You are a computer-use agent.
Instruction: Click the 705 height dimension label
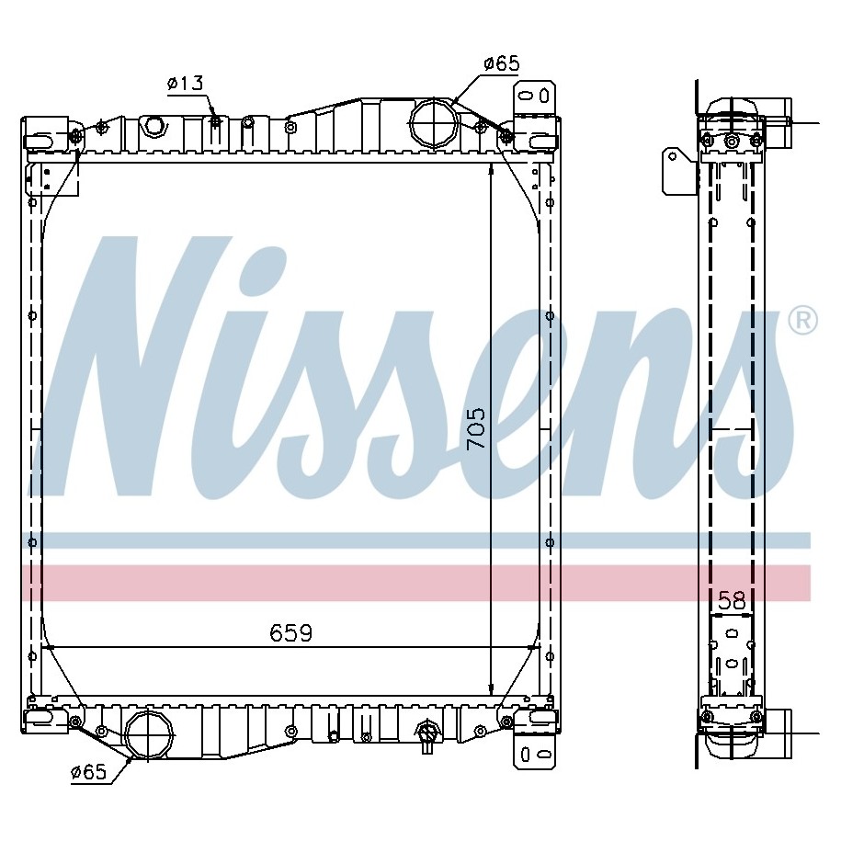click(x=475, y=428)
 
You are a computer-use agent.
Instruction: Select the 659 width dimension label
click(x=290, y=633)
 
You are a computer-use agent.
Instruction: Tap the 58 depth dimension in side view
click(x=732, y=600)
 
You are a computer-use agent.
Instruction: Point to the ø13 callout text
click(x=186, y=83)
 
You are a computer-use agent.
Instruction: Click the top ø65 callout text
click(x=502, y=63)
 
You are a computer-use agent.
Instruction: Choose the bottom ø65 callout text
click(x=89, y=772)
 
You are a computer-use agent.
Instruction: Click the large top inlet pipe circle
click(x=435, y=123)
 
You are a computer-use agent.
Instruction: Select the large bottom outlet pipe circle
click(x=149, y=733)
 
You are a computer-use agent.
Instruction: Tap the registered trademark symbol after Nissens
click(x=803, y=321)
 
